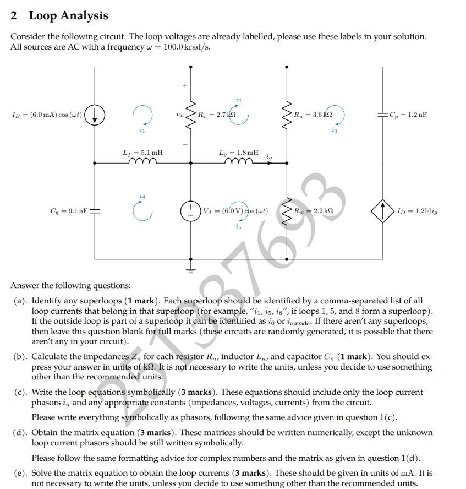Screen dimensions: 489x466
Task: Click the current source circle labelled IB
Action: [95, 115]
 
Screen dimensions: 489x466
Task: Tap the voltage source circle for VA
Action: [191, 211]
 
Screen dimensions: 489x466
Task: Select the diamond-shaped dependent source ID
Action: [383, 211]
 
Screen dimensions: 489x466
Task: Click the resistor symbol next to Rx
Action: [191, 115]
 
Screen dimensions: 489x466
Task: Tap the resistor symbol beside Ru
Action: [287, 115]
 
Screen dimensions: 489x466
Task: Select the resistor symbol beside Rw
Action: [287, 211]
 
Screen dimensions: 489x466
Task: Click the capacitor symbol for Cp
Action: [383, 115]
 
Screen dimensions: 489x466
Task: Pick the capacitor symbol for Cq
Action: [95, 211]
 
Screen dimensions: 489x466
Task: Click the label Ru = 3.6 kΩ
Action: [314, 115]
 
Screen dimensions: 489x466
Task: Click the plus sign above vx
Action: [185, 85]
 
